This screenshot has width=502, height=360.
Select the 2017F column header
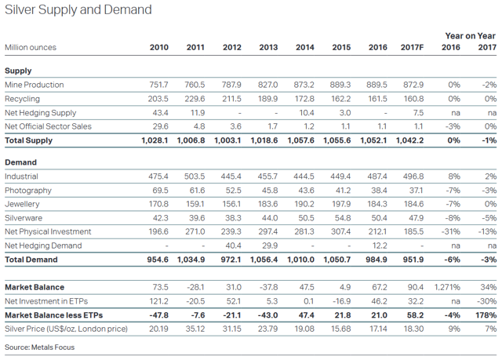[412, 48]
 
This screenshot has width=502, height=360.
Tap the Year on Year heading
[470, 36]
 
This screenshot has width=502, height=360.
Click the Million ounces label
[31, 48]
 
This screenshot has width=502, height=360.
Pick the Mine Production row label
[34, 85]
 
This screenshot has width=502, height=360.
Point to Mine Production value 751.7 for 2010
[158, 85]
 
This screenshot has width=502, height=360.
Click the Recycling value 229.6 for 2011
[195, 99]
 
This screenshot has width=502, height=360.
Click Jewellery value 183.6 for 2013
[267, 205]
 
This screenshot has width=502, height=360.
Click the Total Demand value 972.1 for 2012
[231, 260]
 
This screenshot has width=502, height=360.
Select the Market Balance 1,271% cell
[447, 287]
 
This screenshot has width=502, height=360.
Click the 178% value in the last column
[486, 315]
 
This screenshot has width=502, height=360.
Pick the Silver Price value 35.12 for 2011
[195, 329]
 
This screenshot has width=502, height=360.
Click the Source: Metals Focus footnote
[39, 347]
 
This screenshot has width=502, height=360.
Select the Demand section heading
[21, 162]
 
